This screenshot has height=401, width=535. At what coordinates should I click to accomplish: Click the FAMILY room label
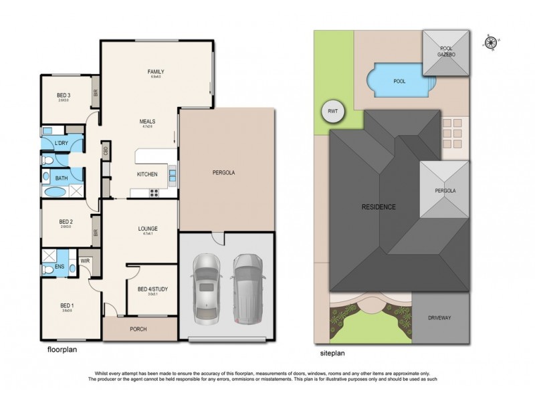click(156, 72)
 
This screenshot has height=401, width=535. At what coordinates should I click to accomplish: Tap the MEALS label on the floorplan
click(147, 122)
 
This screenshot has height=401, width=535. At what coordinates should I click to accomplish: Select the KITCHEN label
click(147, 174)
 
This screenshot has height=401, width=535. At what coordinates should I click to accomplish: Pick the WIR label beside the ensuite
click(86, 261)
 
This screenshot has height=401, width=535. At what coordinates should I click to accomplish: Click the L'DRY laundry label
click(62, 144)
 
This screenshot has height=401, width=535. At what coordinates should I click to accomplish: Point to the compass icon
click(492, 42)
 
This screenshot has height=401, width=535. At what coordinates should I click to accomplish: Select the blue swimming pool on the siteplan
click(399, 81)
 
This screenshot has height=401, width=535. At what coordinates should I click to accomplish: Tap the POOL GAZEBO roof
click(446, 53)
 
